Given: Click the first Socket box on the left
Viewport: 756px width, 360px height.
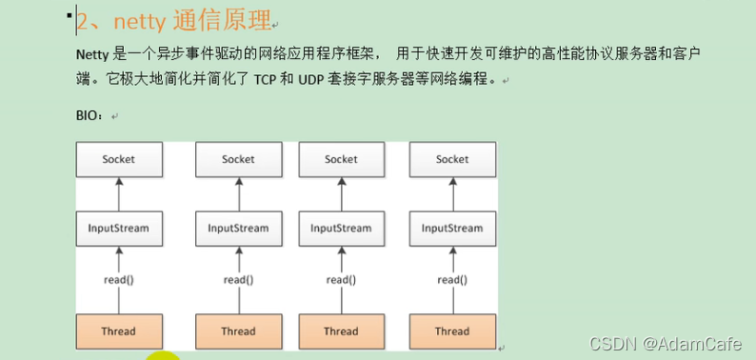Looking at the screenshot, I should click(119, 159).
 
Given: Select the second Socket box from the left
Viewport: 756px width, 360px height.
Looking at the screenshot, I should click(238, 159).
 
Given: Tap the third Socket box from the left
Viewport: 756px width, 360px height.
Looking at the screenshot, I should click(341, 159).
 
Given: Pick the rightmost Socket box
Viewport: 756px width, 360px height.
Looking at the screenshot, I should click(452, 159).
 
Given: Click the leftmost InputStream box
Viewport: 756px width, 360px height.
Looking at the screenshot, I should click(119, 229).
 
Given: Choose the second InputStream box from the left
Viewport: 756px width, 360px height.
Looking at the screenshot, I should click(238, 229).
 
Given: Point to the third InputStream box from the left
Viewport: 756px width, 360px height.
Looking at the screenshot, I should click(341, 229).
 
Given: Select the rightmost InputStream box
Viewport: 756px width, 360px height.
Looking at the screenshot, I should click(452, 229).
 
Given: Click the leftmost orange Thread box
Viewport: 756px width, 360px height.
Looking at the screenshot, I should click(119, 331).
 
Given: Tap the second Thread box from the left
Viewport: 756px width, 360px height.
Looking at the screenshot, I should click(238, 331).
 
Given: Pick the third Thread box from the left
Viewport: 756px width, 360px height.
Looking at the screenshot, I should click(341, 331).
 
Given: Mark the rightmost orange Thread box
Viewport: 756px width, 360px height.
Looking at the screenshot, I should click(452, 331).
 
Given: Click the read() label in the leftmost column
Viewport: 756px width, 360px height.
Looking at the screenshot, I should click(119, 280).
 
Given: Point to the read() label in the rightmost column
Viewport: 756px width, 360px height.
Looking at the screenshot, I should click(452, 280).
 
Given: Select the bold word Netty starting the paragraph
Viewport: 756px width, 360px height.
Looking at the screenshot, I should click(93, 54).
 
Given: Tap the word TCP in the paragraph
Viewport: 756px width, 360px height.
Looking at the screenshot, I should click(265, 81).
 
